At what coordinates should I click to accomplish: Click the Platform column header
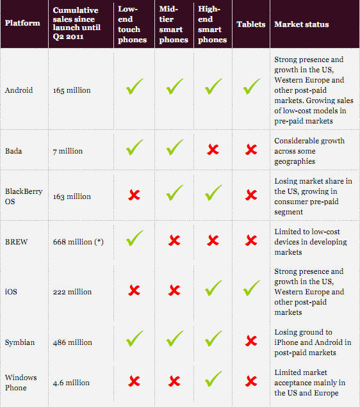pyautogui.click(x=22, y=23)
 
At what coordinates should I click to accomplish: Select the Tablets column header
pyautogui.click(x=251, y=24)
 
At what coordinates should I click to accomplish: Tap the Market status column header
pyautogui.click(x=302, y=24)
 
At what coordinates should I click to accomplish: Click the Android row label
pyautogui.click(x=19, y=90)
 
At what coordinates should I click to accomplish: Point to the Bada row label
pyautogui.click(x=13, y=151)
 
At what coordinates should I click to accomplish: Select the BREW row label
pyautogui.click(x=17, y=242)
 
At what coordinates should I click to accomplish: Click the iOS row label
pyautogui.click(x=11, y=292)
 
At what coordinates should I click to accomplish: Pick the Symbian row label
pyautogui.click(x=20, y=342)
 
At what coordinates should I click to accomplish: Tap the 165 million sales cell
pyautogui.click(x=72, y=90)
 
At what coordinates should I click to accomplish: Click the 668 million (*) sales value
pyautogui.click(x=78, y=242)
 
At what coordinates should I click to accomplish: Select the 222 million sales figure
pyautogui.click(x=72, y=292)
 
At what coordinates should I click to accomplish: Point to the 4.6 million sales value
pyautogui.click(x=71, y=383)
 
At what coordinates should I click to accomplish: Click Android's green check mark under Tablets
pyautogui.click(x=251, y=86)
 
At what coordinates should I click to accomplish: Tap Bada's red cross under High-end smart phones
pyautogui.click(x=213, y=150)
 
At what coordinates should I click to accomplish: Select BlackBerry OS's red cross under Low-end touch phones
pyautogui.click(x=135, y=195)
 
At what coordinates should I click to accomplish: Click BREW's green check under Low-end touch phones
pyautogui.click(x=134, y=238)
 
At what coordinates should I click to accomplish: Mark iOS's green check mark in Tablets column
pyautogui.click(x=251, y=288)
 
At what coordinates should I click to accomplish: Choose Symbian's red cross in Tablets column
pyautogui.click(x=251, y=341)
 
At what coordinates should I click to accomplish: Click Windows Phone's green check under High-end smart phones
pyautogui.click(x=213, y=379)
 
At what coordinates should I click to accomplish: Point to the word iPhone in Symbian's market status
pyautogui.click(x=286, y=342)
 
